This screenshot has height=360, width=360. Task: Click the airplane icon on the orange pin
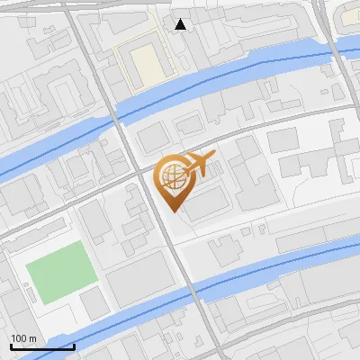coord(199,164)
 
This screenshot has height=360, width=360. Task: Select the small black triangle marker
coord(181,24)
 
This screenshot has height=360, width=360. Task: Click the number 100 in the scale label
coord(19,338)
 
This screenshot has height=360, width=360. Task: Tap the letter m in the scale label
coord(32,338)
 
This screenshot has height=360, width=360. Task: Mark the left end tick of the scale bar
coord(11,346)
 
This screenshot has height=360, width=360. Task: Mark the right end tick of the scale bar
coord(74,346)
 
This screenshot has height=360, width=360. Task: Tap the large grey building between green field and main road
coord(139,279)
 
